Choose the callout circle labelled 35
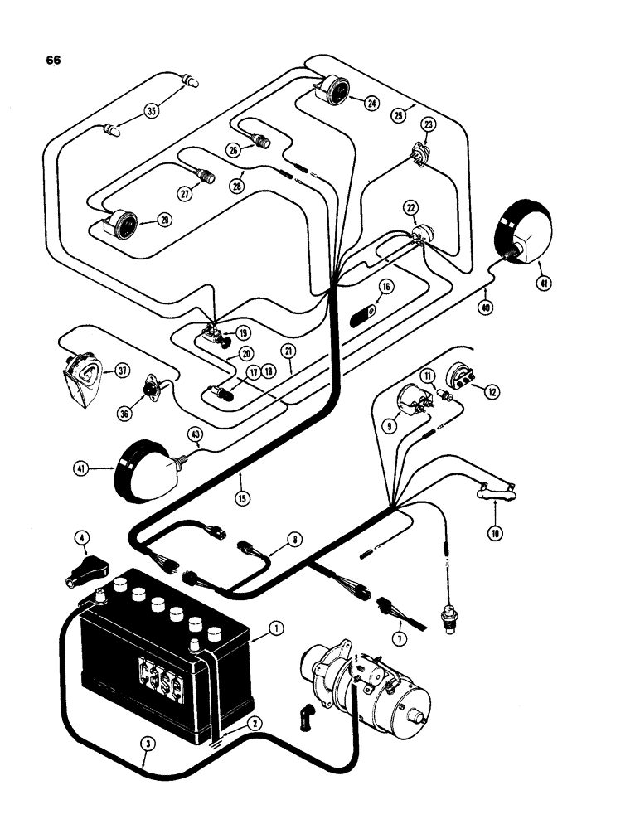coord(152,111)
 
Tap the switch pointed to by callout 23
coord(420,155)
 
